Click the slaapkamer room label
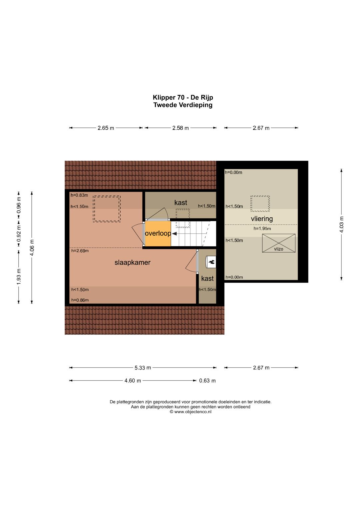point(132,262)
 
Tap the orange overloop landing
point(158,234)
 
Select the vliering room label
point(262,219)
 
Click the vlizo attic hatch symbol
point(279,243)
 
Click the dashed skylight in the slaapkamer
point(107,209)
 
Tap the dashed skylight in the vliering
point(260,204)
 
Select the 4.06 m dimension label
point(32,247)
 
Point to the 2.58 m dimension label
point(180,128)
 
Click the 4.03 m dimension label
point(341,225)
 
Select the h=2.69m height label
point(80,251)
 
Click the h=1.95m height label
point(262,229)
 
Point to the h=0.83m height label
point(79,195)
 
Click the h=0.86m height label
point(80,300)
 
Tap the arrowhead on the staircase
point(174,234)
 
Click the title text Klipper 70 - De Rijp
point(183,97)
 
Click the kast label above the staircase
point(181,202)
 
